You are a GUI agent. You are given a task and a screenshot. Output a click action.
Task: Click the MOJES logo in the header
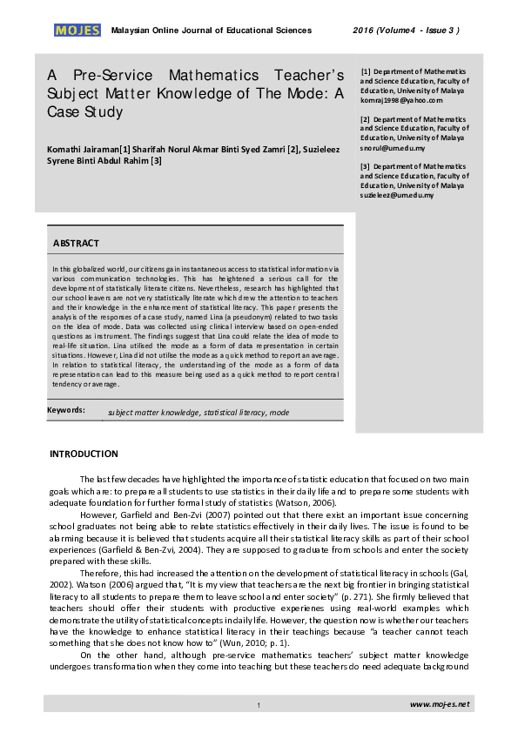coord(77,30)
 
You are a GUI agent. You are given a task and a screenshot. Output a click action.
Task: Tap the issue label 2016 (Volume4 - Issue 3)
coord(406,30)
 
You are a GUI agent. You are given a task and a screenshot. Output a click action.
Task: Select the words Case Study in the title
coord(85,112)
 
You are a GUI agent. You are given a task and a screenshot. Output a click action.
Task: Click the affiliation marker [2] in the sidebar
coord(366,118)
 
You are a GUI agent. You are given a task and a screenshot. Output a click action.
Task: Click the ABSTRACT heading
coord(76,243)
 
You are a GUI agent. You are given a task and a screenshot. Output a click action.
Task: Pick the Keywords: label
coord(69,410)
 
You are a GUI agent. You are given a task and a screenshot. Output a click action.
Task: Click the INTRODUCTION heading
coord(84,454)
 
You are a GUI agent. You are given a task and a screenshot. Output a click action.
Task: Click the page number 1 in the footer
coord(259,704)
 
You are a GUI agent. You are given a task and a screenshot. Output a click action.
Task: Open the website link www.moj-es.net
coord(440,703)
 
